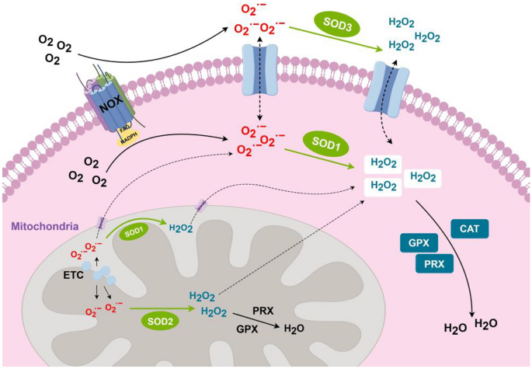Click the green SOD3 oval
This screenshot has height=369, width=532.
pyautogui.click(x=339, y=23)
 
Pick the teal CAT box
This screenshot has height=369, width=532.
pyautogui.click(x=470, y=228)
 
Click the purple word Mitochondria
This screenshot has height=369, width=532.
pyautogui.click(x=43, y=227)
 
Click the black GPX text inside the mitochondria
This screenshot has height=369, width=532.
pyautogui.click(x=248, y=329)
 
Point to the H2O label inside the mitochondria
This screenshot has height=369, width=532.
pyautogui.click(x=294, y=329)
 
